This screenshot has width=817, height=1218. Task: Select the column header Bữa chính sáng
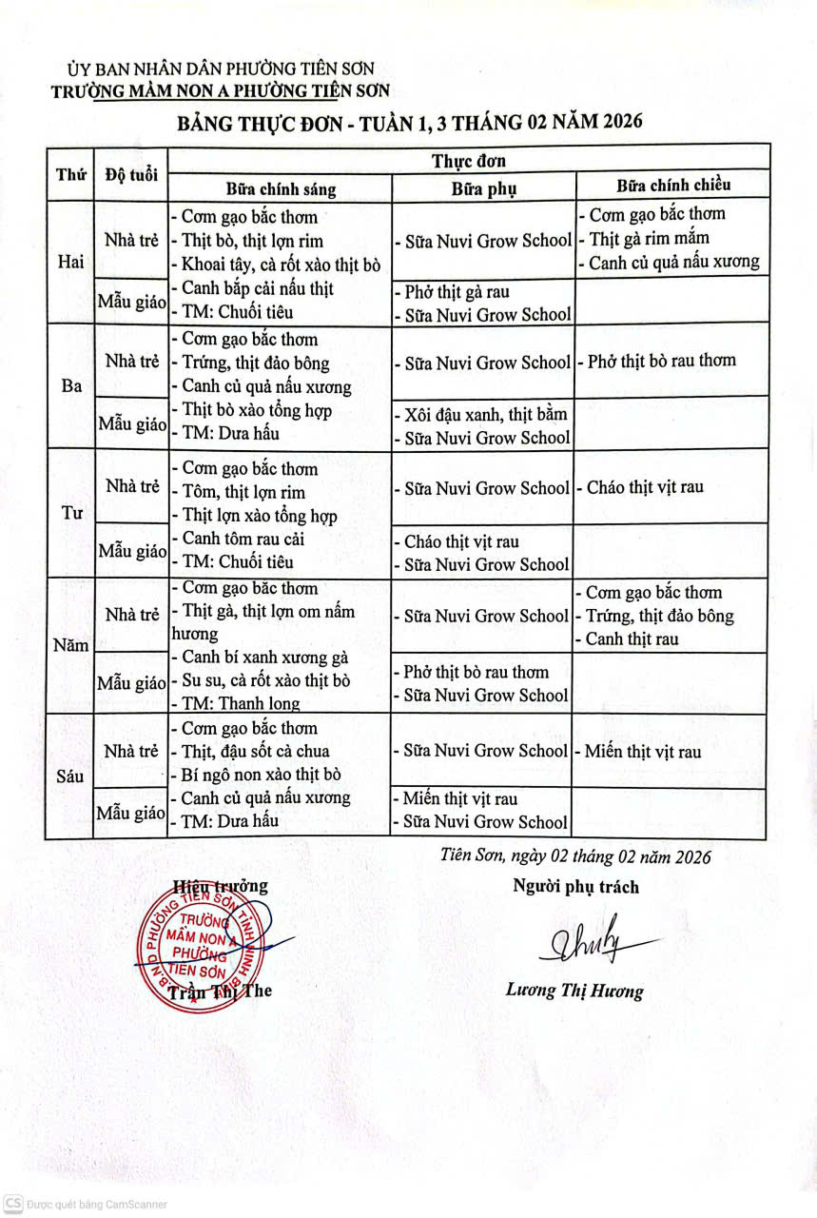pos(281,188)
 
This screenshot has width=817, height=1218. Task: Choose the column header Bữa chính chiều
pos(673,185)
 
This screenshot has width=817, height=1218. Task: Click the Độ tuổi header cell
pos(131,175)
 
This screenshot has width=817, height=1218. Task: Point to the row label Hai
pos(70,263)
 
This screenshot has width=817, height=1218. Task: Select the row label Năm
pos(71,645)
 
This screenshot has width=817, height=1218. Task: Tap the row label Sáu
pos(70,776)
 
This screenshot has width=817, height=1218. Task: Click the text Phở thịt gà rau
pos(457,292)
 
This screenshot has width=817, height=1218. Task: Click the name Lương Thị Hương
pos(574,991)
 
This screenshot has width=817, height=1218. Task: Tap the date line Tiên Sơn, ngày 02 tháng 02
pos(576,856)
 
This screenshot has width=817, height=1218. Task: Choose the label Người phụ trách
pos(575,887)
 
